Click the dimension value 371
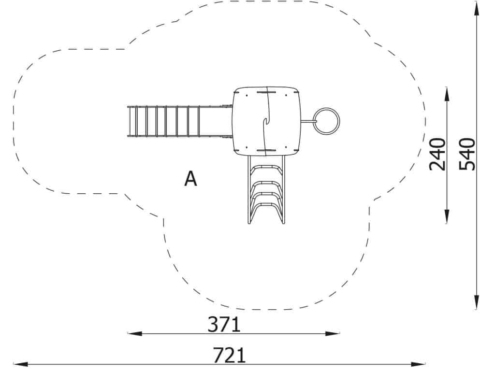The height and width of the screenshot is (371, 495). [x=224, y=325]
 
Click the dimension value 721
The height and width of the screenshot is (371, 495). [x=229, y=355]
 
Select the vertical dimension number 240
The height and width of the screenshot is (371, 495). [x=437, y=154]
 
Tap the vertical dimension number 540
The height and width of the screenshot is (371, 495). [x=467, y=154]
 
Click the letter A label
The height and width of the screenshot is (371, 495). [x=190, y=179]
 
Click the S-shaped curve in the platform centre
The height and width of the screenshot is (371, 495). [x=267, y=121]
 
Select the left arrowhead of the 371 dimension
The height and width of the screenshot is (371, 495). [x=134, y=333]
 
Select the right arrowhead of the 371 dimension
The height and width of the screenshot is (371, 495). [x=333, y=333]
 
